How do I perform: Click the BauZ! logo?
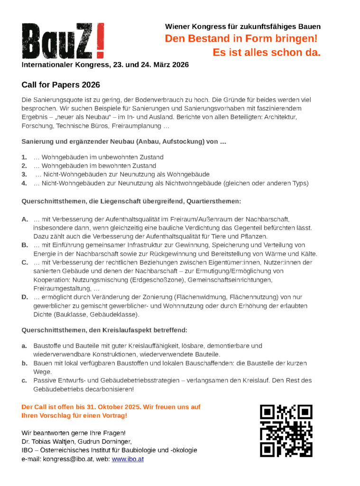coord(63,41)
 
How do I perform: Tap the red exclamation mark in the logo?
coord(100,41)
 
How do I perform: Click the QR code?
coord(286,430)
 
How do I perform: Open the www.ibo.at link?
coord(128,459)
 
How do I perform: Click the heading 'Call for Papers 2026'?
coord(61,85)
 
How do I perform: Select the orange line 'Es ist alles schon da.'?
coord(267,52)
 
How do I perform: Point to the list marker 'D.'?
coord(25,297)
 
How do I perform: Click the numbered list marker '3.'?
coord(25,175)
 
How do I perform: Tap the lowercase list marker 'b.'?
coord(24,363)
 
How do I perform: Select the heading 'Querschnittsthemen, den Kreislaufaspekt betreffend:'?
coord(104,330)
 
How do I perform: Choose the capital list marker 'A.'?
coord(25,219)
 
